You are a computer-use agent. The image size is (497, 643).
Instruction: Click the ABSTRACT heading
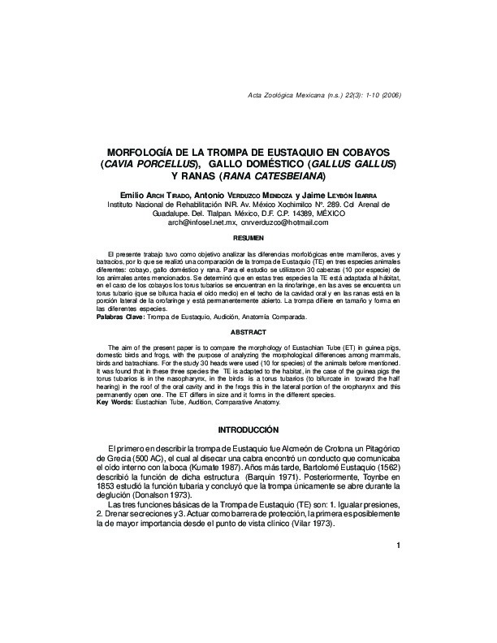click(x=248, y=332)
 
